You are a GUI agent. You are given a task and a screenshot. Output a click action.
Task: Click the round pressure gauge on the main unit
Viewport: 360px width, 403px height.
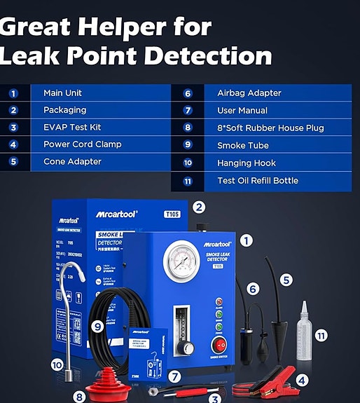tap(181, 261)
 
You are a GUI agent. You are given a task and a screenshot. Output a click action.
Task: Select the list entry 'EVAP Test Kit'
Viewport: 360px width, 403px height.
tap(72, 127)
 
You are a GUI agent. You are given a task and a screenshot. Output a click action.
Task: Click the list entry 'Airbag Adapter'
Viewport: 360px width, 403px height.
tap(249, 93)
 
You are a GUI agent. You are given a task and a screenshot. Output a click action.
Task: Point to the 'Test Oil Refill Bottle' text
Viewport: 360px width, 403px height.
tap(257, 180)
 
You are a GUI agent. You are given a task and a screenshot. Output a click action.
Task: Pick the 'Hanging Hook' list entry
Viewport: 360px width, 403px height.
tap(246, 163)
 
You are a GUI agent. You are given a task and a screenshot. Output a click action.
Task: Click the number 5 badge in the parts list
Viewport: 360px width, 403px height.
tap(13, 161)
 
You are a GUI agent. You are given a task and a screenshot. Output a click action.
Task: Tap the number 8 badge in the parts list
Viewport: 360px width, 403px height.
tap(188, 128)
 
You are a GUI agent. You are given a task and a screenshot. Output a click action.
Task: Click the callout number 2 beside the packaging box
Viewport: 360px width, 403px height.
tap(199, 207)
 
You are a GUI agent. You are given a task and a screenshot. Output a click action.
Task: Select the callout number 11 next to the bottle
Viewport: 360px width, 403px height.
tap(321, 336)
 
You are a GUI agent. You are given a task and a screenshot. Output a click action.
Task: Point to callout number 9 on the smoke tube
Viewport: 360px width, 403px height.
tap(97, 325)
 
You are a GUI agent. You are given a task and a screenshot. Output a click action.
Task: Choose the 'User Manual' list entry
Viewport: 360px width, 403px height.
tap(242, 110)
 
